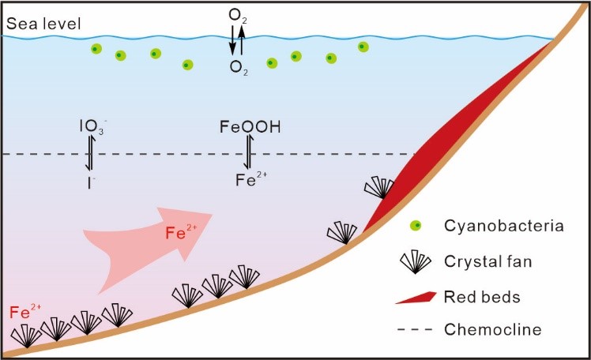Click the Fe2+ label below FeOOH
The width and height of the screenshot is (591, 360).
click(x=253, y=179)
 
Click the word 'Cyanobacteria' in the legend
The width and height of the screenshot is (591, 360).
click(x=497, y=227)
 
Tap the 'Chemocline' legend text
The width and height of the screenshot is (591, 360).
click(x=493, y=328)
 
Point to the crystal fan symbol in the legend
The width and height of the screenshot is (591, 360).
click(x=415, y=262)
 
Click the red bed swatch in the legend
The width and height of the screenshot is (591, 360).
click(x=416, y=297)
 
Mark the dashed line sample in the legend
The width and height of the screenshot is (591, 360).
click(x=415, y=328)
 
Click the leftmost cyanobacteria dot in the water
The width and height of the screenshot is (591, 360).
click(x=95, y=49)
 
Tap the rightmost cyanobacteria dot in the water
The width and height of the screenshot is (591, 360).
click(x=363, y=47)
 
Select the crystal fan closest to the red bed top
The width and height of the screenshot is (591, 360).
click(x=379, y=188)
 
